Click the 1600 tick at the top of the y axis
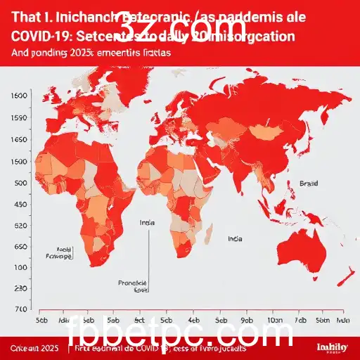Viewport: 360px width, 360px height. [x=20, y=95]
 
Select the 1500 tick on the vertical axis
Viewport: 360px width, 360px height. [x=20, y=161]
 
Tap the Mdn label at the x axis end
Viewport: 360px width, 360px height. [x=342, y=318]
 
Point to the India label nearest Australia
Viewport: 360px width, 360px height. [x=236, y=238]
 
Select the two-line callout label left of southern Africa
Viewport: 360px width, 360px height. [x=64, y=253]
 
